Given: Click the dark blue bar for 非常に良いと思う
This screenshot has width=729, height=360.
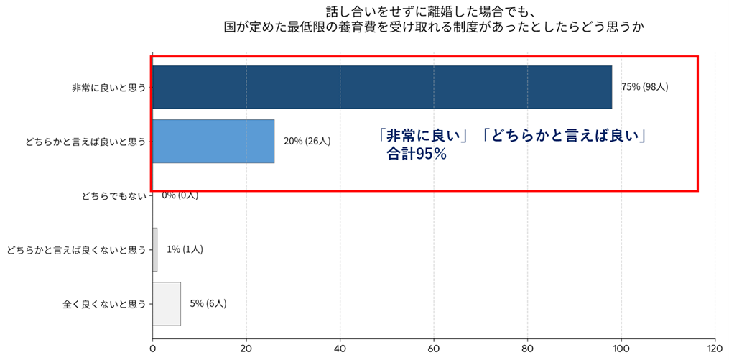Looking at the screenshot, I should click(382, 87).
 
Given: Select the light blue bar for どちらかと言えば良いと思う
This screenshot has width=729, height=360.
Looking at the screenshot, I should click(213, 141).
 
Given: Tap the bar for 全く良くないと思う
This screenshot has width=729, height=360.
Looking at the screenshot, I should click(167, 304).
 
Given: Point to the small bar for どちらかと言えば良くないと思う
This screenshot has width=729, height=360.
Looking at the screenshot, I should click(155, 249).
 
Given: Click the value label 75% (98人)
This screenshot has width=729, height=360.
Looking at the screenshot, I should click(645, 87).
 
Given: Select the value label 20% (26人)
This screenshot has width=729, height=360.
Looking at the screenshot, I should click(307, 141).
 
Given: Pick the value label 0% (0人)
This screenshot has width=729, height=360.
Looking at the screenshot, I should click(180, 195).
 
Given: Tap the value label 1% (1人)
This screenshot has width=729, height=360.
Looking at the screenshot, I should click(185, 249).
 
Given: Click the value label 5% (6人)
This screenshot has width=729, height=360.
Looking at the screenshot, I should click(208, 304).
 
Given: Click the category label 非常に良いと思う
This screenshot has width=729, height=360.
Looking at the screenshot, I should click(108, 88).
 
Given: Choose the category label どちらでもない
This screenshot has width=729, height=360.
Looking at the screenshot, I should click(114, 195).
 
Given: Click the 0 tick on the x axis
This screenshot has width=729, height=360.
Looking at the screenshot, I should click(153, 349).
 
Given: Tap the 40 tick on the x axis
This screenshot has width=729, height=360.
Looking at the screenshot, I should click(340, 349).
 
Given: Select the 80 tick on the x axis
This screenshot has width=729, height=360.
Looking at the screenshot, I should click(528, 349).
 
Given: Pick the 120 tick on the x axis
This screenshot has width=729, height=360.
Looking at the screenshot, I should click(715, 349).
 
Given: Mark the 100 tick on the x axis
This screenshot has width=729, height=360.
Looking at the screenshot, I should click(621, 349).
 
